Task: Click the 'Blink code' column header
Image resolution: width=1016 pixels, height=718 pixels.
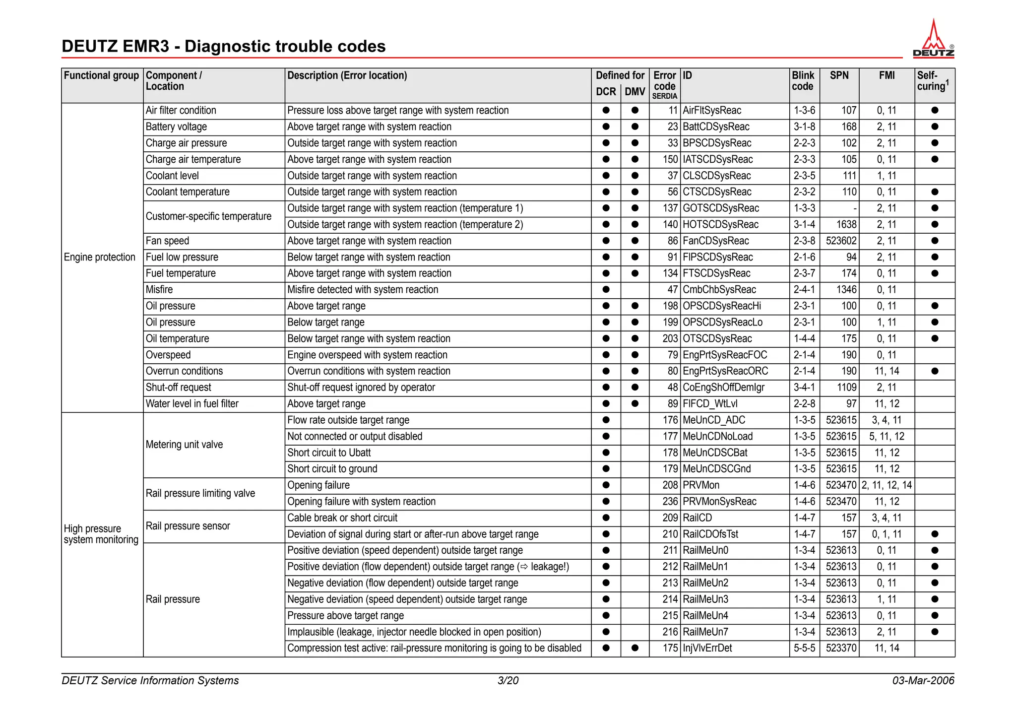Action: click(x=803, y=81)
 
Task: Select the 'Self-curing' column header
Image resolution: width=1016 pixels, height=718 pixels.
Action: click(x=932, y=81)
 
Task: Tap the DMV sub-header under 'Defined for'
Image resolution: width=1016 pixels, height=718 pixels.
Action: click(x=635, y=92)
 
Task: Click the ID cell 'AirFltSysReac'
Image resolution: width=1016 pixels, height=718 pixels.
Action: click(x=712, y=111)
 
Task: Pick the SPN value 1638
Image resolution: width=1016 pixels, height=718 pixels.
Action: click(x=846, y=225)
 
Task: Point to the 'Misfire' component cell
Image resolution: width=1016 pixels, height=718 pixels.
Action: click(x=159, y=290)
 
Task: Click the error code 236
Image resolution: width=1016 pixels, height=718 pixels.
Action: click(x=670, y=502)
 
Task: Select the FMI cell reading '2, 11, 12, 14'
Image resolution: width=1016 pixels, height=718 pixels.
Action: click(x=887, y=485)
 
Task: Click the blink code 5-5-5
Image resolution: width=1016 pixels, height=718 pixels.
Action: click(x=804, y=648)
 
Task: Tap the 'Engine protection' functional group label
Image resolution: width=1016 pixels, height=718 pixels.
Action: click(x=100, y=258)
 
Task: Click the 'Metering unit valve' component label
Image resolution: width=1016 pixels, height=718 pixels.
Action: click(x=184, y=445)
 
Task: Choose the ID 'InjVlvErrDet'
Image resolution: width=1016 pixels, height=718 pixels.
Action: click(x=707, y=648)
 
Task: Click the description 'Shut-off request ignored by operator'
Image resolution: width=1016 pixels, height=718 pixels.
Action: click(x=361, y=388)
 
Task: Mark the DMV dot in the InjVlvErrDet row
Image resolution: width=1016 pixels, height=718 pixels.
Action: click(x=635, y=648)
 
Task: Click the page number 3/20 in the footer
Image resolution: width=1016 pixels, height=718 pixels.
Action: click(x=508, y=681)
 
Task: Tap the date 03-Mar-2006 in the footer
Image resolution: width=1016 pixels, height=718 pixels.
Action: click(x=923, y=681)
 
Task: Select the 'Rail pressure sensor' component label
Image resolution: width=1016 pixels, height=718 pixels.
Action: click(x=188, y=526)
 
